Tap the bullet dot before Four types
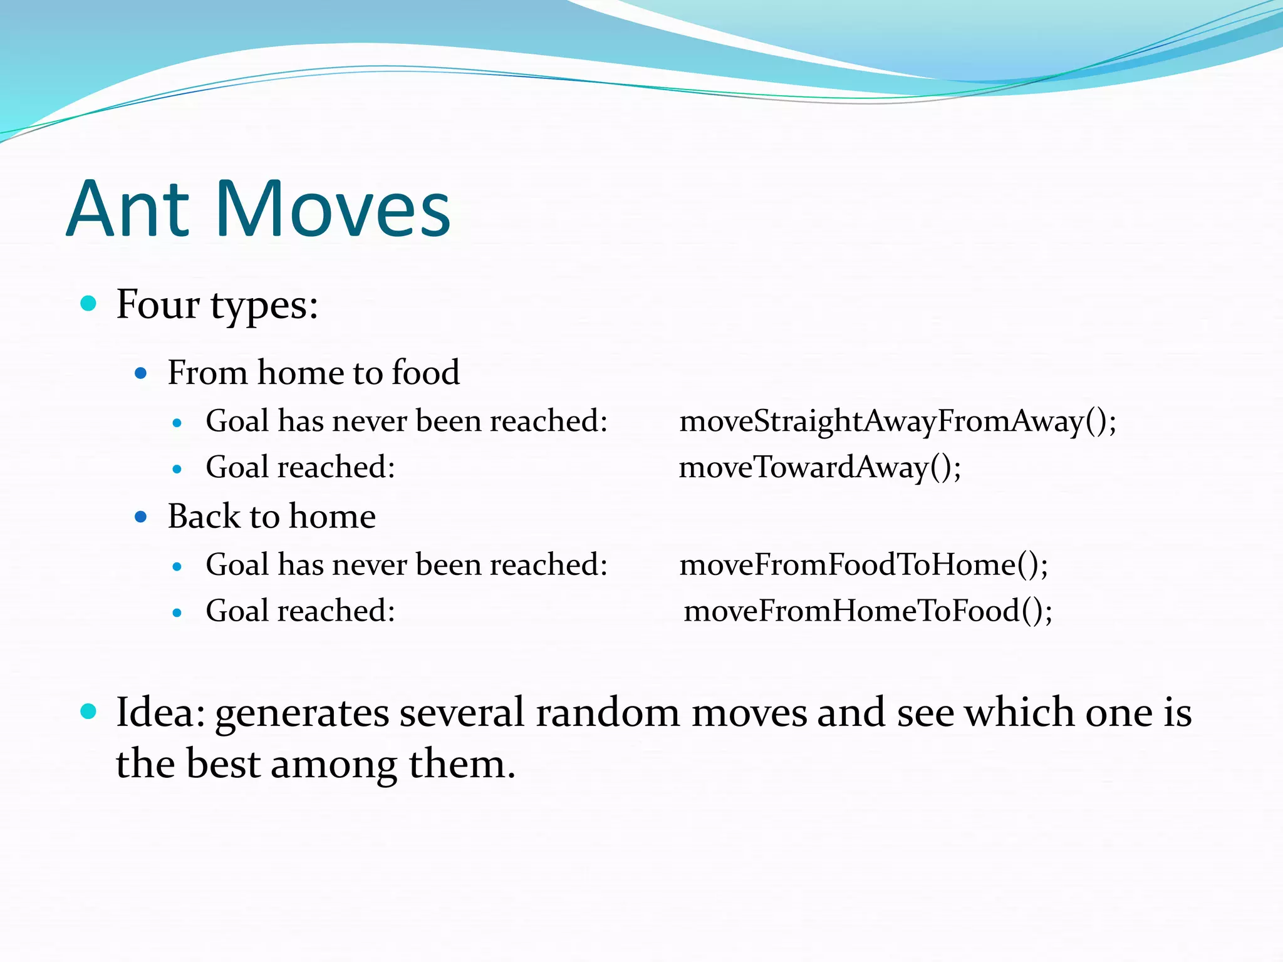click(x=89, y=304)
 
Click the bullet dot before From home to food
click(x=141, y=374)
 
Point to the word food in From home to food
click(x=425, y=373)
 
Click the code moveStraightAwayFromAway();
click(x=897, y=421)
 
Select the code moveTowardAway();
click(x=819, y=467)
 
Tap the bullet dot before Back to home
click(x=141, y=517)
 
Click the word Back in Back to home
click(x=204, y=517)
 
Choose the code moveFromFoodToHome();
click(x=863, y=565)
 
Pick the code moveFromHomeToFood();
click(x=868, y=611)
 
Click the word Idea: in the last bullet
click(x=160, y=713)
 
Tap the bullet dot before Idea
click(x=89, y=711)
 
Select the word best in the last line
click(x=223, y=765)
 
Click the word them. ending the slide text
click(x=462, y=765)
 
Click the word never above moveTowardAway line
click(x=370, y=421)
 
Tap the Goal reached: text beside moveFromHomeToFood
click(x=300, y=611)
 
